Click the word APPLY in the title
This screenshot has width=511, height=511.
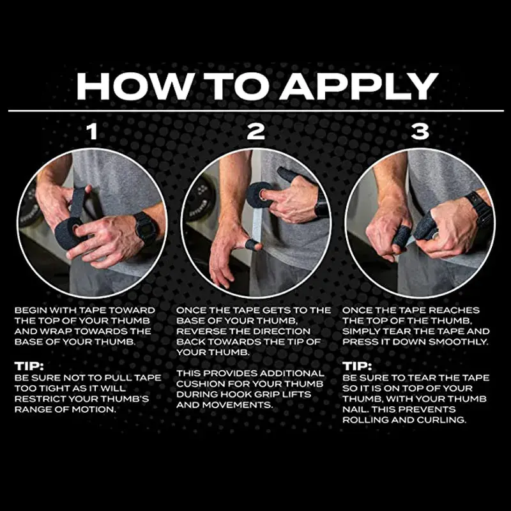pyautogui.click(x=360, y=86)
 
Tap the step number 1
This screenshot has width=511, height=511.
pyautogui.click(x=93, y=132)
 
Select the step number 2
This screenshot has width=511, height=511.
pyautogui.click(x=256, y=132)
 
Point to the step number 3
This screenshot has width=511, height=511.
pyautogui.click(x=420, y=132)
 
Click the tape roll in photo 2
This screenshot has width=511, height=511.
pyautogui.click(x=259, y=195)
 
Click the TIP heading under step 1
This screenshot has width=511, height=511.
pyautogui.click(x=29, y=366)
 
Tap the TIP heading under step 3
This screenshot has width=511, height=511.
pyautogui.click(x=357, y=366)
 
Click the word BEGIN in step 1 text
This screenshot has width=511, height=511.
pyautogui.click(x=30, y=310)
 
